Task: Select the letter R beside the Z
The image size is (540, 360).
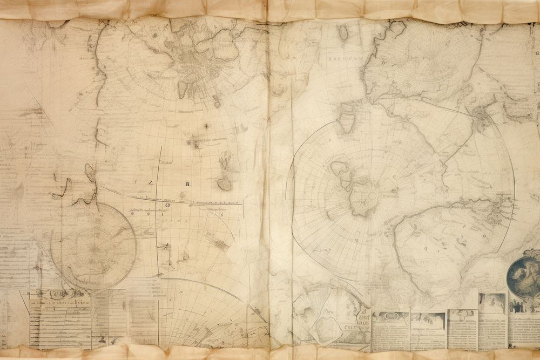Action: click(x=187, y=184)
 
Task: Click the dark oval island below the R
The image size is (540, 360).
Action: click(x=225, y=184)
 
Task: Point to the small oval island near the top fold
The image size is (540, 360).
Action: click(x=343, y=33)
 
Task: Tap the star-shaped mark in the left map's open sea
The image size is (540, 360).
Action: click(x=206, y=126)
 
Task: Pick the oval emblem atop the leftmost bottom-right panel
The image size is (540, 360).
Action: click(x=390, y=316)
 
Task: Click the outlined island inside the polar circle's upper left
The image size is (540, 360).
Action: click(x=340, y=169)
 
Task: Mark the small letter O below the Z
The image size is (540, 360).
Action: click(x=167, y=205)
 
